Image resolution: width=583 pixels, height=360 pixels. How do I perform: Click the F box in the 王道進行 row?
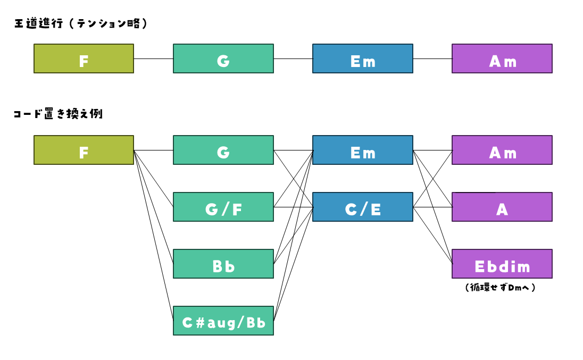(84, 58)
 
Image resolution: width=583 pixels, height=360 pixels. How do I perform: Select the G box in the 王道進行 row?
(223, 58)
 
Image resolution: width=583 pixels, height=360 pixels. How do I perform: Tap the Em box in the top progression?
(363, 58)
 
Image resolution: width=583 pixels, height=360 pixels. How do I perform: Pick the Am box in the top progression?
(502, 58)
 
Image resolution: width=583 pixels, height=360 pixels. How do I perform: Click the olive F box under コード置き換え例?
(84, 150)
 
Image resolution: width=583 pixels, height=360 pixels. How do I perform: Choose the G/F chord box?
(223, 207)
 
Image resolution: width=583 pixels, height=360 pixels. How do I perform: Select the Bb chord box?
(223, 264)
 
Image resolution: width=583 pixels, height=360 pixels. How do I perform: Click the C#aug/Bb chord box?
(223, 321)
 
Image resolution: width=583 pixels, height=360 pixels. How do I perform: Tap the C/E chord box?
(363, 207)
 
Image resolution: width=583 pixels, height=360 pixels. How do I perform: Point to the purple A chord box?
(502, 207)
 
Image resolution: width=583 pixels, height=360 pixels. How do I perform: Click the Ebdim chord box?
(502, 264)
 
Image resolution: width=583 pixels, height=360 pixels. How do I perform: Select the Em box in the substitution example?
(363, 150)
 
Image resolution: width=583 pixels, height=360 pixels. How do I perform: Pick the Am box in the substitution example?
(502, 150)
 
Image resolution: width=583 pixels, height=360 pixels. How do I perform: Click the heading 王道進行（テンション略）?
(81, 23)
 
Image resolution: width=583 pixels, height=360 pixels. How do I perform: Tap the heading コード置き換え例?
(58, 114)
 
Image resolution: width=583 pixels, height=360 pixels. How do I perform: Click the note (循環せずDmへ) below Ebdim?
(500, 288)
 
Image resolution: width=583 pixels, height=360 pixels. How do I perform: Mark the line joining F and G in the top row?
(154, 58)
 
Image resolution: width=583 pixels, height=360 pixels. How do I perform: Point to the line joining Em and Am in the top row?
(432, 58)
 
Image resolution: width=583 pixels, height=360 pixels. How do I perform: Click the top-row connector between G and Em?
(293, 58)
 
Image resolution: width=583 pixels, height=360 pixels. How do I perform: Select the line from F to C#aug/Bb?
(154, 235)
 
